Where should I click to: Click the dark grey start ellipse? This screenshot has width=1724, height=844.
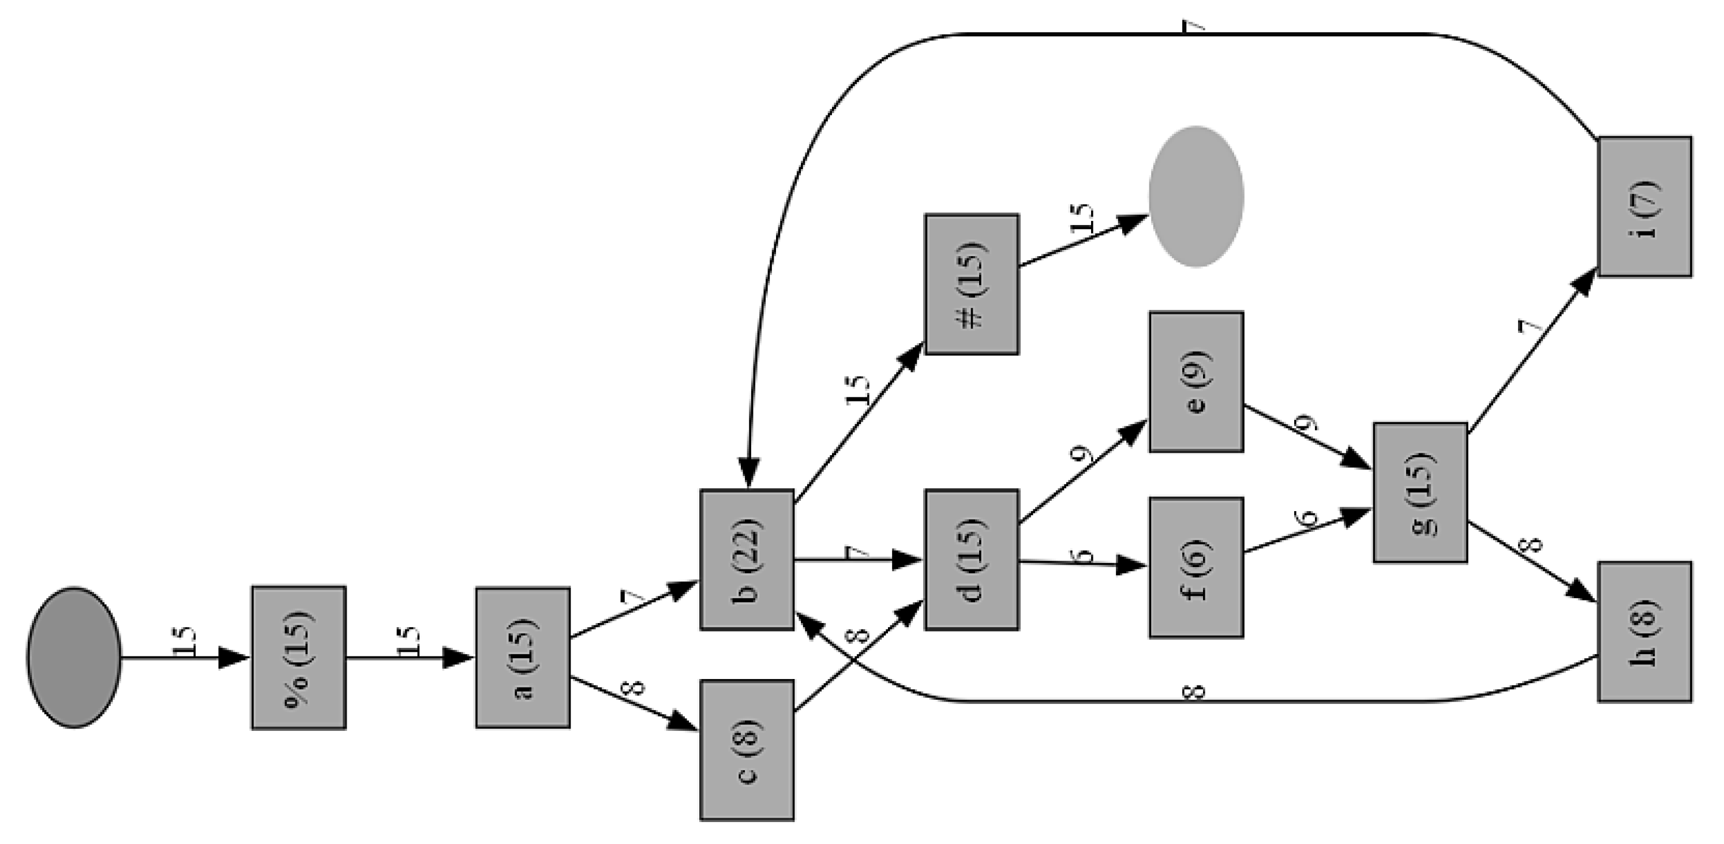coord(74,657)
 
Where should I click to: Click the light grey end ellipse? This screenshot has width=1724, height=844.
coord(1196,196)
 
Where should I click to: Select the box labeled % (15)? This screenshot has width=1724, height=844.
coord(298,657)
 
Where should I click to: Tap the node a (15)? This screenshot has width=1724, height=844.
coord(523,657)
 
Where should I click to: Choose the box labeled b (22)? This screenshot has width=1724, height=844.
coord(747,560)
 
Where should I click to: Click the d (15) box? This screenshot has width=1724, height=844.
coord(972,560)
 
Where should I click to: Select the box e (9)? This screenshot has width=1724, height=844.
coord(1196,381)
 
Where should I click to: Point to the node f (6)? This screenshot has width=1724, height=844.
coord(1196,567)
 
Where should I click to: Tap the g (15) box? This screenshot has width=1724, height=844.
coord(1420,493)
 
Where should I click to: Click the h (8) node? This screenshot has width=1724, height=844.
coord(1644,631)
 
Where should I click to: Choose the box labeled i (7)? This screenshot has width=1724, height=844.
coord(1644,207)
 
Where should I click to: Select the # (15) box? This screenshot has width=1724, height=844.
coord(972,284)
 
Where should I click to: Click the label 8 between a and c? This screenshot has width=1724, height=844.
coord(633,688)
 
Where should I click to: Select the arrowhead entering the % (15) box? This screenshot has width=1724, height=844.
coord(234,657)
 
